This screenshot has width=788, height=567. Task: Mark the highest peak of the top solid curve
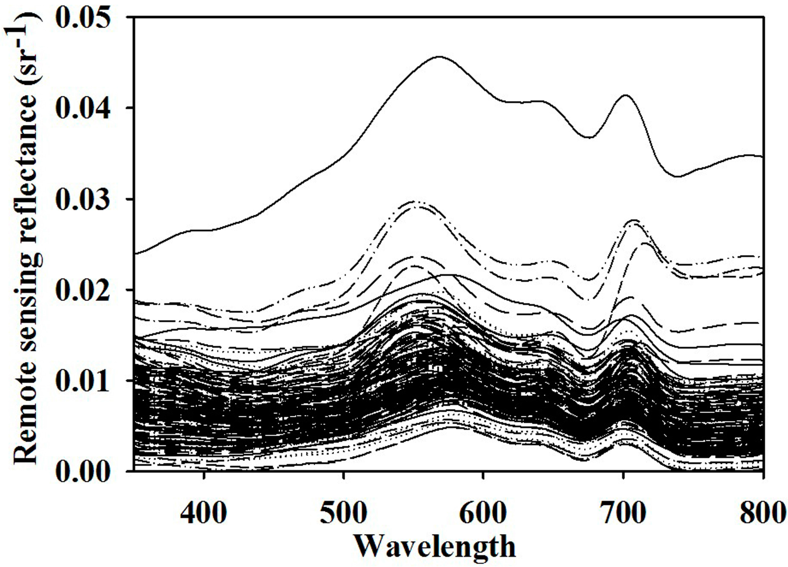[x=440, y=56]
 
